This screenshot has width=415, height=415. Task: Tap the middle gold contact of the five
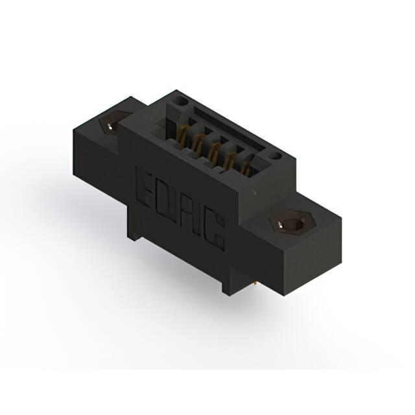coord(213,151)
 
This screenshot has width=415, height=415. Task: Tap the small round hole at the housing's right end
coord(275,157)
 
